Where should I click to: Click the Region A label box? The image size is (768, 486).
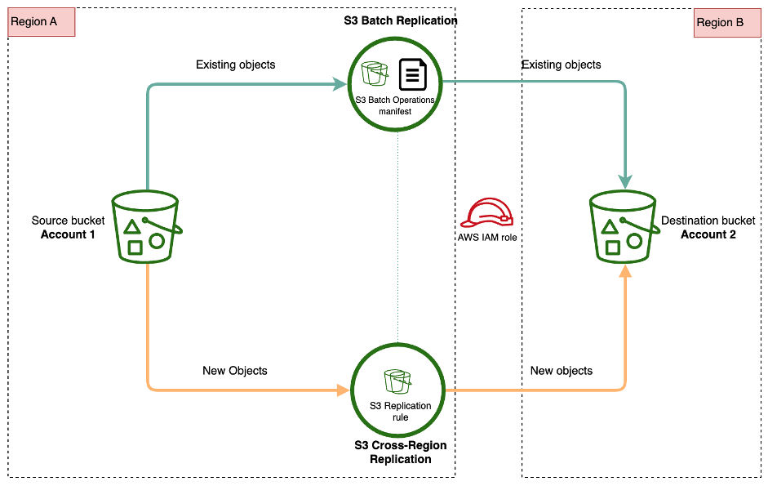tap(42, 23)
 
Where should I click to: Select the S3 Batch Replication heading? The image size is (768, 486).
tap(400, 20)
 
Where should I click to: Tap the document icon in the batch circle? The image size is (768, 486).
tap(413, 74)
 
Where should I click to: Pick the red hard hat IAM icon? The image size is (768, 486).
tap(487, 214)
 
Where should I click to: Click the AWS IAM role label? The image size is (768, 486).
tap(487, 238)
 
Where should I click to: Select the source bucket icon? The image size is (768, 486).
tap(145, 226)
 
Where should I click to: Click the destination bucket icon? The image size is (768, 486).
tap(624, 226)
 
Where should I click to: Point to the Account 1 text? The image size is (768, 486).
tap(68, 234)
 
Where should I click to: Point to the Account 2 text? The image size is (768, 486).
tap(708, 234)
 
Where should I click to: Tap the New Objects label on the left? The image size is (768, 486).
tap(234, 371)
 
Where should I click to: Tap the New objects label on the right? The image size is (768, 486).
tap(562, 371)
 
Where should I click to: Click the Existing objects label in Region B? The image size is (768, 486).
tap(562, 65)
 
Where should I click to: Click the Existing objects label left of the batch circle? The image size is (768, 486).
tap(236, 65)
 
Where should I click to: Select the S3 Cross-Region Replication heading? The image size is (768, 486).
tap(400, 453)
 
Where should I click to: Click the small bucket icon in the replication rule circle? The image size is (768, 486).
tap(398, 381)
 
